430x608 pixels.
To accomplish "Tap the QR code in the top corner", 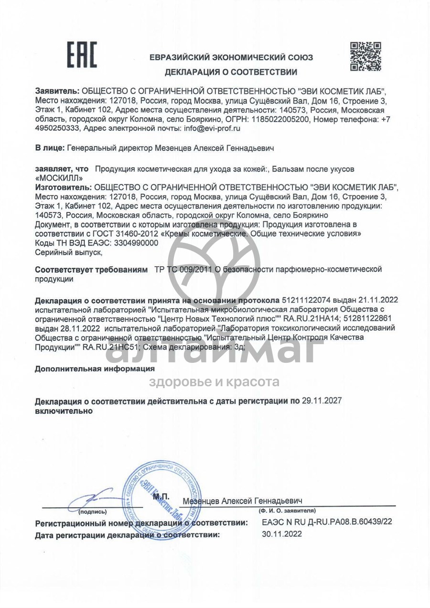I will pos(365,56).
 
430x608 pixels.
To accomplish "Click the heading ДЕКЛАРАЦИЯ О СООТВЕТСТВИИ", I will pos(231,73).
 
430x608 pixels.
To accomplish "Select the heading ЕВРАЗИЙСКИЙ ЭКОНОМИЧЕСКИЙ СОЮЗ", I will pos(231,58).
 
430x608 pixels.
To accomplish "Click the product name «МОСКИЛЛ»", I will pos(60,178).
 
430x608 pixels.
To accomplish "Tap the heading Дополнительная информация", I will pos(95,369).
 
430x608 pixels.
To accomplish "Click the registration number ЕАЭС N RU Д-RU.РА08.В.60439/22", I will pos(327,522).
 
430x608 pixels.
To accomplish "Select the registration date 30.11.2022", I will pos(282,534).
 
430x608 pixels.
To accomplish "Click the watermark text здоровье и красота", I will pos(215,382).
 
